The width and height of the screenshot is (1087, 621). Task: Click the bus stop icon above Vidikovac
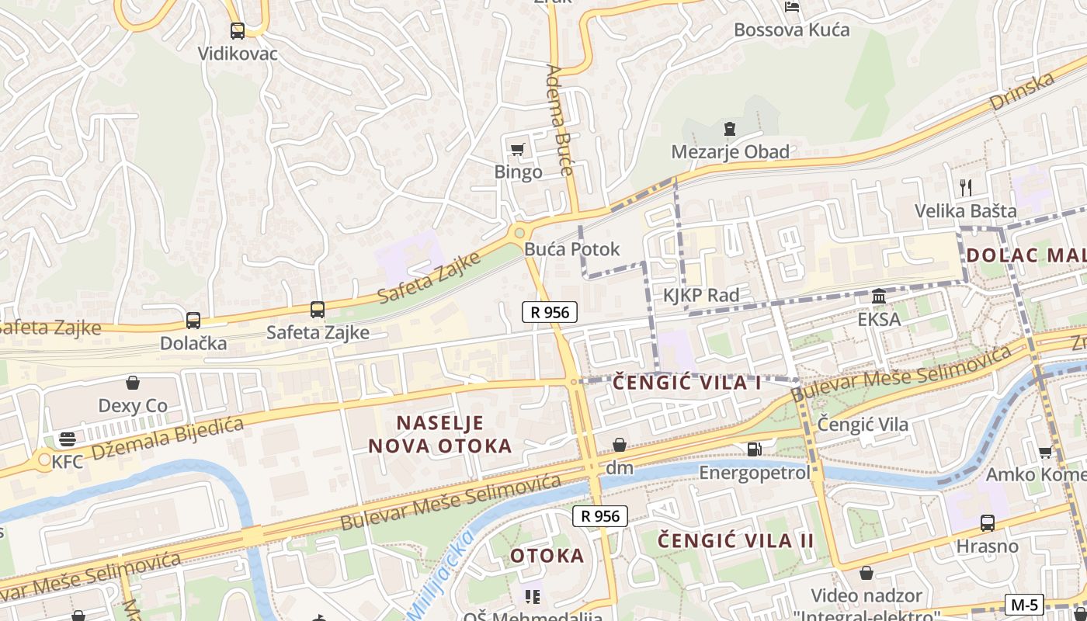click(x=238, y=31)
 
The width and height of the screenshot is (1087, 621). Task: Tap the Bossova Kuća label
click(x=792, y=30)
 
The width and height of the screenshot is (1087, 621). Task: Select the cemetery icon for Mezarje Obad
click(x=729, y=129)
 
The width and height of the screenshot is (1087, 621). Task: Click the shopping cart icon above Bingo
click(x=517, y=149)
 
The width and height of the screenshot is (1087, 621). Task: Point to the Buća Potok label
click(x=572, y=249)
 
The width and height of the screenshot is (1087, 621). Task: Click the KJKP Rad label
click(x=701, y=295)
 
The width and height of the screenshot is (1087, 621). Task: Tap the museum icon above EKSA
click(x=879, y=296)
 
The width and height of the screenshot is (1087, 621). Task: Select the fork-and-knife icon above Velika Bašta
click(x=966, y=187)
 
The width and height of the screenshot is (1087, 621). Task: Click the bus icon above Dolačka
click(x=193, y=320)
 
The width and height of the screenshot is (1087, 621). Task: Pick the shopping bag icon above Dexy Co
click(x=133, y=383)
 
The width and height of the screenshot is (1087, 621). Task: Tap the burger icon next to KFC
click(x=68, y=439)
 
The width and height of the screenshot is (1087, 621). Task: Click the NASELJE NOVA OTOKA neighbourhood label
click(x=440, y=435)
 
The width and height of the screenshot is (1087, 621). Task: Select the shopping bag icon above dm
click(x=620, y=445)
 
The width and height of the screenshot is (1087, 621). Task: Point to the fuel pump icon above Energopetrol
click(x=754, y=449)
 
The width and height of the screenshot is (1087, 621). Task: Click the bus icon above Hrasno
click(x=987, y=523)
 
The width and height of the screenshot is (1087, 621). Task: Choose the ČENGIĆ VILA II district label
click(x=735, y=541)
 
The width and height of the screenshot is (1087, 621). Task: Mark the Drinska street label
click(x=1022, y=92)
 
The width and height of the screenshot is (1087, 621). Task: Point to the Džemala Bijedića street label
click(x=167, y=439)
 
